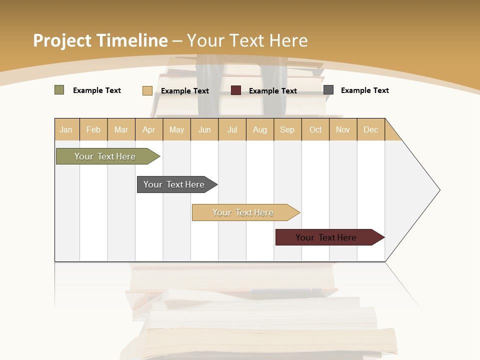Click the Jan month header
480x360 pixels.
[x=66, y=129]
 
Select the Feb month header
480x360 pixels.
[x=93, y=129]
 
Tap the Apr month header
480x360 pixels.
[x=148, y=129]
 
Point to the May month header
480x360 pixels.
[x=176, y=129]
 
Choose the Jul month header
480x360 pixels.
[x=232, y=129]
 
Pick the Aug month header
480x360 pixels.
[x=259, y=129]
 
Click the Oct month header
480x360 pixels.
[x=315, y=129]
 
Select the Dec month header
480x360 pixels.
[x=370, y=129]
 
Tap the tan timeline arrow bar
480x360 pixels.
[x=243, y=212]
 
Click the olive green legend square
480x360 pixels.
[x=59, y=90]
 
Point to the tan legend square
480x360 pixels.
[x=147, y=90]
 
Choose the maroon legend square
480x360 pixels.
[x=236, y=90]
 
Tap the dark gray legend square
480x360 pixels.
[x=328, y=90]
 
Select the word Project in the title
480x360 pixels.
[x=62, y=40]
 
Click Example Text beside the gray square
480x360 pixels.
[x=364, y=90]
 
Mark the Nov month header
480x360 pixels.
[x=343, y=129]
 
